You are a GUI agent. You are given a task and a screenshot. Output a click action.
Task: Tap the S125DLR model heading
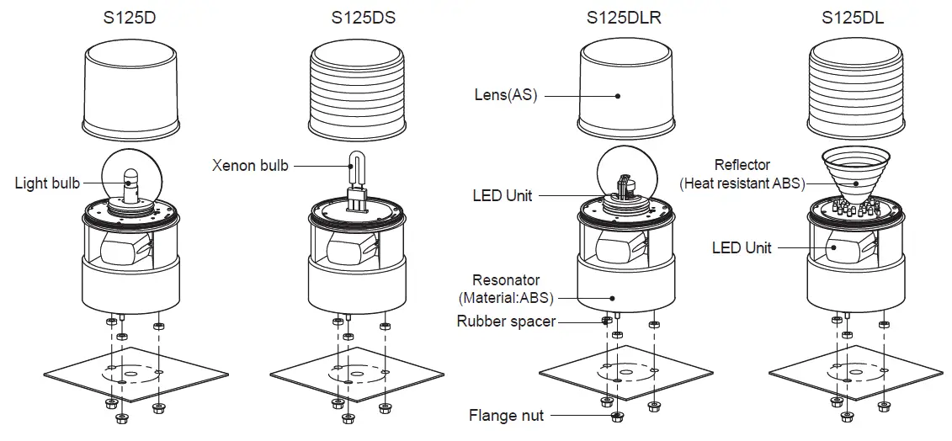click(x=623, y=17)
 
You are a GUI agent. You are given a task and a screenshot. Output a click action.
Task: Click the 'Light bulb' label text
click(x=48, y=183)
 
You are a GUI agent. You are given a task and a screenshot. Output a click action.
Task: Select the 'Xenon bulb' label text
click(x=250, y=166)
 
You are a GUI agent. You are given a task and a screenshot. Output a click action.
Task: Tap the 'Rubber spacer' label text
click(x=506, y=321)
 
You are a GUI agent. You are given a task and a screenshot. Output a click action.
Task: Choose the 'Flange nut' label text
click(x=506, y=415)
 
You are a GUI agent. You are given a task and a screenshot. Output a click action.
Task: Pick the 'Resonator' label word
click(x=506, y=279)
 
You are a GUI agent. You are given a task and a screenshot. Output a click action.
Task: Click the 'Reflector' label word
click(x=742, y=165)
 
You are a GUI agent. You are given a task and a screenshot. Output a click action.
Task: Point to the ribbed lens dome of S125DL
click(x=852, y=93)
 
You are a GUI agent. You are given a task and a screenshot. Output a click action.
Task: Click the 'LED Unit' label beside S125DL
click(x=742, y=247)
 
